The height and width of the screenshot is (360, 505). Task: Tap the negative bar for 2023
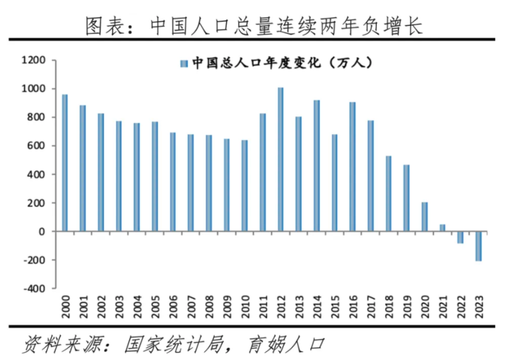click(x=478, y=246)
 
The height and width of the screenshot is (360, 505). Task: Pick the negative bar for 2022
click(x=460, y=237)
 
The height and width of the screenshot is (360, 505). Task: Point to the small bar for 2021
click(x=443, y=228)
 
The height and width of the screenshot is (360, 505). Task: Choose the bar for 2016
click(x=352, y=166)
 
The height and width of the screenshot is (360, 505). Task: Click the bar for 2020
click(x=424, y=217)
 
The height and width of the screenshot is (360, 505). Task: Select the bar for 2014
click(x=316, y=166)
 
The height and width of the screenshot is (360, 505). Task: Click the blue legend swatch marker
click(x=184, y=63)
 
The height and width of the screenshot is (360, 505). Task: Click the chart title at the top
click(x=252, y=25)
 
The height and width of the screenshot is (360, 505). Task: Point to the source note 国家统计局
click(x=167, y=344)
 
